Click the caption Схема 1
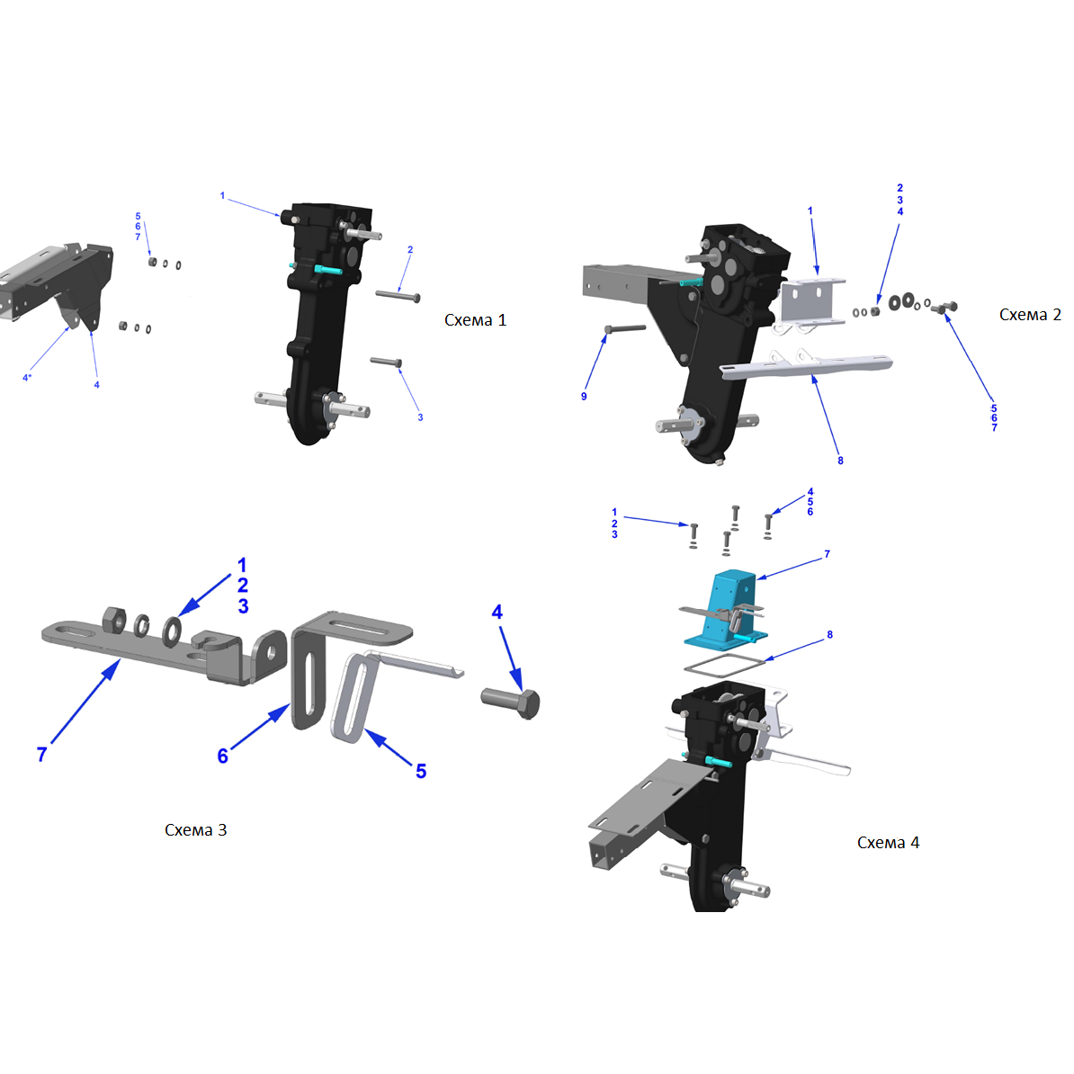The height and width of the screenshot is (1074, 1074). click(x=475, y=320)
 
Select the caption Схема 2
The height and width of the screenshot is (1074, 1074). click(x=1030, y=315)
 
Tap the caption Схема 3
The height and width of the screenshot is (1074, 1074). click(x=196, y=829)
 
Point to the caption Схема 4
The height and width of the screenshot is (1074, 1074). click(x=889, y=843)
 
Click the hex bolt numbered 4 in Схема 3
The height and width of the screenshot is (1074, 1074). click(x=511, y=703)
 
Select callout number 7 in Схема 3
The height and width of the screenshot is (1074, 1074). click(x=41, y=754)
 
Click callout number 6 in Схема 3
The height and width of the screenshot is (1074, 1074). click(x=222, y=756)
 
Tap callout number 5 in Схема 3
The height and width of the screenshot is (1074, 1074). click(x=421, y=771)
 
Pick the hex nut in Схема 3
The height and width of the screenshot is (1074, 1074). click(x=114, y=619)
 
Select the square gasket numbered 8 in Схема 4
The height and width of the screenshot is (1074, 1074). click(x=724, y=665)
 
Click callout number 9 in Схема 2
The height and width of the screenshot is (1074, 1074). click(x=584, y=396)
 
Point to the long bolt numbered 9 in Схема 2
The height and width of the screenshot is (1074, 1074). click(x=624, y=329)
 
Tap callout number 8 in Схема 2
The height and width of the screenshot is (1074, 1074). click(x=840, y=461)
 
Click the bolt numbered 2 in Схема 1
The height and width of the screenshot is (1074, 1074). click(x=398, y=295)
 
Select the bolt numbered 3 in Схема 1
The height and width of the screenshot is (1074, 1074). click(x=386, y=361)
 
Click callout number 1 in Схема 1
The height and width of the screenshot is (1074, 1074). click(x=222, y=195)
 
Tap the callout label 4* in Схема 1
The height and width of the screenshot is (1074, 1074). click(x=27, y=378)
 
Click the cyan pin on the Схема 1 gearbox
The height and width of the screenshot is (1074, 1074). click(x=328, y=270)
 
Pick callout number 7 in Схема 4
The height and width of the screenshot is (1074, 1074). click(x=827, y=553)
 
